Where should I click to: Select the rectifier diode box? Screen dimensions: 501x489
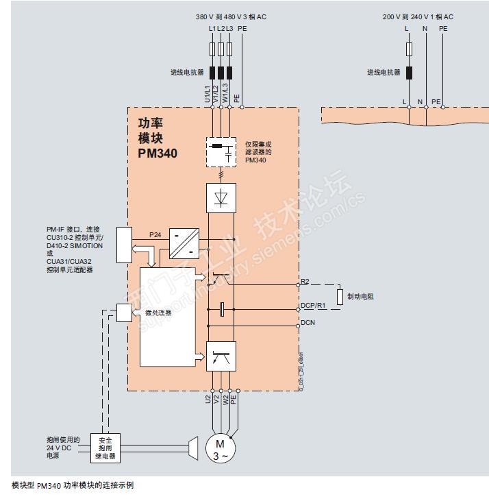(x=221, y=197)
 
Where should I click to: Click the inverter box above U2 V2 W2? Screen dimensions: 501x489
(x=221, y=356)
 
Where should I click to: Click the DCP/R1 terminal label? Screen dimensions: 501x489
(x=313, y=305)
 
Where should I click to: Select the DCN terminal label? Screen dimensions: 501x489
(x=308, y=322)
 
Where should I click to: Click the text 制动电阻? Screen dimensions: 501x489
(x=360, y=296)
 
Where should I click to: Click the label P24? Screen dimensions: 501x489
(x=155, y=234)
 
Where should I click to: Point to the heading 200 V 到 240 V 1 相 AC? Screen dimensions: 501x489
(x=418, y=16)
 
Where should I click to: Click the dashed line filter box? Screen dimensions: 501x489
(x=221, y=151)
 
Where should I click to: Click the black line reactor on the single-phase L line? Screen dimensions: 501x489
(x=409, y=73)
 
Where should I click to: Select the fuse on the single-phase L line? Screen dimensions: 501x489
(x=409, y=49)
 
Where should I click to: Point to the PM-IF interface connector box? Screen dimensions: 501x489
(x=124, y=245)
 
